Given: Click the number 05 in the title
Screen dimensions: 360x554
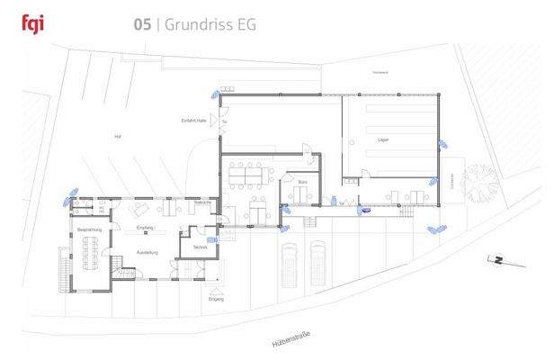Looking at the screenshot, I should point(142,24).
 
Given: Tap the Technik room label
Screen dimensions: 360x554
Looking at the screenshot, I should point(200,247).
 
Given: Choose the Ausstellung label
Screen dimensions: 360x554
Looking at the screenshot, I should point(147,251).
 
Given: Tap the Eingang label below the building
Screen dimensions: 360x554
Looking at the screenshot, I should point(216,300).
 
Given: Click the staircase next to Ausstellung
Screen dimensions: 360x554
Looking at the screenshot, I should point(117,265).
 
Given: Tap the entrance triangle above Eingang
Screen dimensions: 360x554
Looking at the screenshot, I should point(216,290).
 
